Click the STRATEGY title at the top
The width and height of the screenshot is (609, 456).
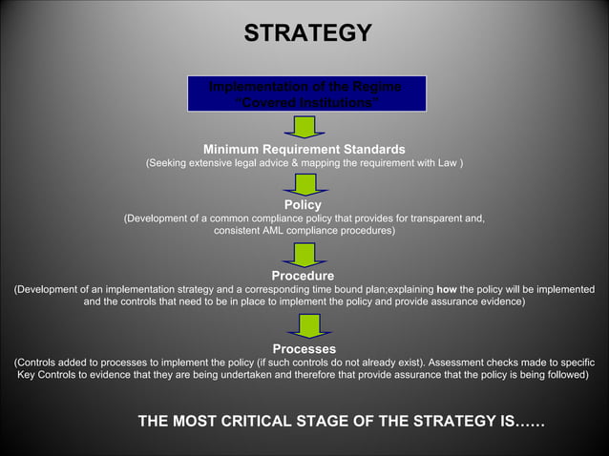307,34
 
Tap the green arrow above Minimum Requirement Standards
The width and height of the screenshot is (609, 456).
305,127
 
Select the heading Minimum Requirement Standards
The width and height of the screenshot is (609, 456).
304,149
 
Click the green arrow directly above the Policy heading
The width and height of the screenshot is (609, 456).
305,183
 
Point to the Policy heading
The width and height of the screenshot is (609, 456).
304,204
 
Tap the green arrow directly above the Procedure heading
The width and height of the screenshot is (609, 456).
305,254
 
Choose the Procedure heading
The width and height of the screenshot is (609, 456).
304,276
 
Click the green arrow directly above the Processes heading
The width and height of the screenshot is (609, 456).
305,325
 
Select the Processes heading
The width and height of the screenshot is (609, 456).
304,348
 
